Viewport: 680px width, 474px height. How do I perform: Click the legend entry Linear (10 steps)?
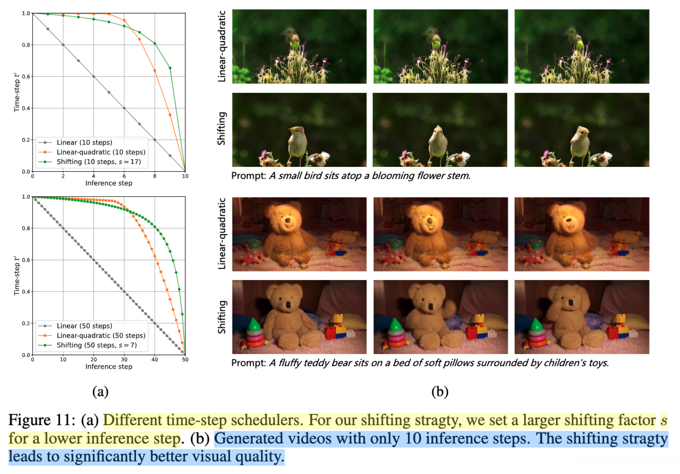pyautogui.click(x=84, y=143)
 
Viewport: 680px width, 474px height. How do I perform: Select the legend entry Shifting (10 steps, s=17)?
pyautogui.click(x=98, y=162)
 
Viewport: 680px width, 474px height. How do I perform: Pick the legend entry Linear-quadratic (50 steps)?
pyautogui.click(x=101, y=336)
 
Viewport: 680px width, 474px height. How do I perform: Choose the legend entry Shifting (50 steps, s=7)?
pyautogui.click(x=96, y=345)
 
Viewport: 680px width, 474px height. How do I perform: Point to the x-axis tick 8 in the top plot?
pyautogui.click(x=155, y=177)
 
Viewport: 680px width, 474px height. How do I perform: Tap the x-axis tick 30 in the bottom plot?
pyautogui.click(x=124, y=360)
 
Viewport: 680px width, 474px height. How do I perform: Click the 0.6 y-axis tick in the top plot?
pyautogui.click(x=26, y=76)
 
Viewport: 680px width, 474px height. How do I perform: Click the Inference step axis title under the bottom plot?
pyautogui.click(x=109, y=367)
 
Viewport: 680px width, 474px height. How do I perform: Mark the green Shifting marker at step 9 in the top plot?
pyautogui.click(x=170, y=68)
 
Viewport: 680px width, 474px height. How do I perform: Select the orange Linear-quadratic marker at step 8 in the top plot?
pyautogui.click(x=155, y=71)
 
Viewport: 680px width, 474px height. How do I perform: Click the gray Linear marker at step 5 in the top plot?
pyautogui.click(x=109, y=92)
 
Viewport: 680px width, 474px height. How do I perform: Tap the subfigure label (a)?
pyautogui.click(x=100, y=391)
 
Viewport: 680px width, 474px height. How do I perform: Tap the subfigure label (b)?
pyautogui.click(x=439, y=391)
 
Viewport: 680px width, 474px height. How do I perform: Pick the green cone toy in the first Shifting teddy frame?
pyautogui.click(x=255, y=325)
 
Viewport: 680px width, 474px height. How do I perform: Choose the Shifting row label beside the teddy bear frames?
pyautogui.click(x=222, y=317)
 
